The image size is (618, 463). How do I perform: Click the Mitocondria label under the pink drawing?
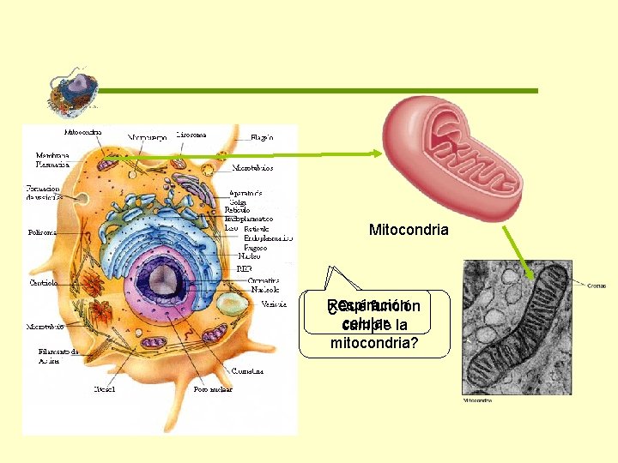coord(409,230)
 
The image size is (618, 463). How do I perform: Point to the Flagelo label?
coord(262,137)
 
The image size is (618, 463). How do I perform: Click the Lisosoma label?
coord(191,135)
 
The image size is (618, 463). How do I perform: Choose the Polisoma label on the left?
coord(42,231)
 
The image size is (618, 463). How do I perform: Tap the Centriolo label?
coord(43,282)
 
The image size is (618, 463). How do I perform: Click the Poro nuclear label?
coord(212,389)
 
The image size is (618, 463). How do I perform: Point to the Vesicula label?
coord(274,304)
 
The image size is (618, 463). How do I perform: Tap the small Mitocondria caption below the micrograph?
coord(478,400)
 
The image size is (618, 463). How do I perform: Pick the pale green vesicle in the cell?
coord(229,304)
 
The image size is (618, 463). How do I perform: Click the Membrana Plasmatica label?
coord(52,159)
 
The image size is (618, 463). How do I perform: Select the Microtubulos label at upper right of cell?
coord(252,168)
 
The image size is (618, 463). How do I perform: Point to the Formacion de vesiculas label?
coord(42,192)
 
